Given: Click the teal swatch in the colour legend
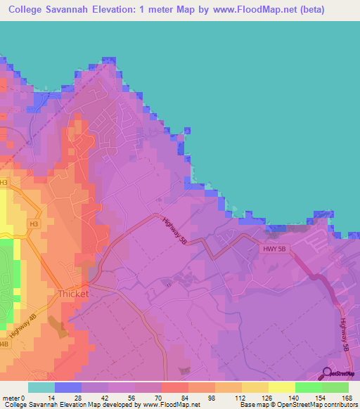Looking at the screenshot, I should coord(41,387).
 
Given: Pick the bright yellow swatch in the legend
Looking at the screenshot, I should coord(282,387).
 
